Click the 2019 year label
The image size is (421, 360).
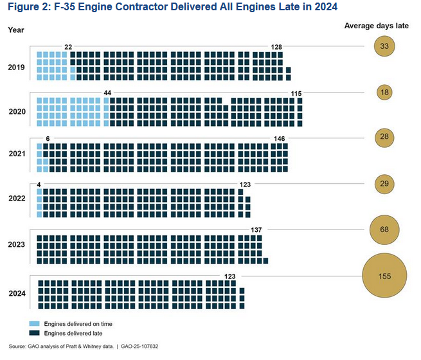(x=17, y=66)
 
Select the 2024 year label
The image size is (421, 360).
(x=17, y=294)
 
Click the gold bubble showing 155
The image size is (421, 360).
(x=384, y=276)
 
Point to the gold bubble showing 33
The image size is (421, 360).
(x=384, y=46)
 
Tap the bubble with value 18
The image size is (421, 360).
(x=384, y=93)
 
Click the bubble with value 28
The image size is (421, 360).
(x=384, y=138)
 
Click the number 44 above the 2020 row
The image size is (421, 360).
(x=107, y=93)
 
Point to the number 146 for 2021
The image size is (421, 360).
(x=280, y=139)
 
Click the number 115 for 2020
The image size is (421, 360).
(x=296, y=93)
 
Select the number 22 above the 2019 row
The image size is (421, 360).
(x=68, y=47)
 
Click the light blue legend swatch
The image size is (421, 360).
(x=34, y=324)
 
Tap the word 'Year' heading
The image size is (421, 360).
(x=15, y=30)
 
